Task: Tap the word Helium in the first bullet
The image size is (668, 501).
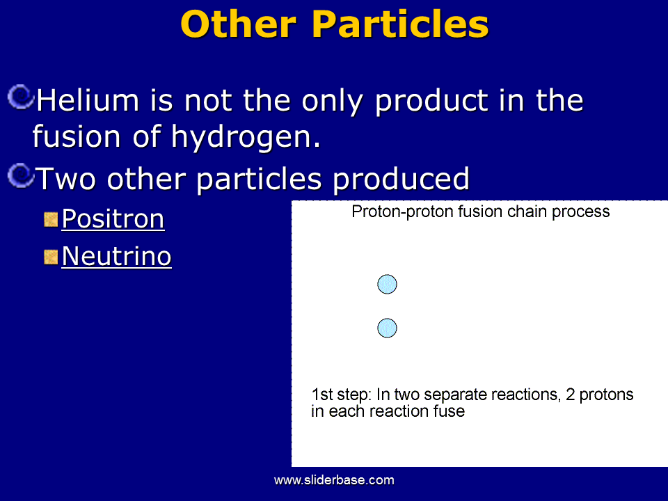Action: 88,100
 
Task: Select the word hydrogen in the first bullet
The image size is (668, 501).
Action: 246,138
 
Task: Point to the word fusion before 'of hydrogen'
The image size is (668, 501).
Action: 77,136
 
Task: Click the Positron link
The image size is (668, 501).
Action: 113,219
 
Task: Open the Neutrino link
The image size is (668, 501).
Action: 116,257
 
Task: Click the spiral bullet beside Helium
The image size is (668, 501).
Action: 20,97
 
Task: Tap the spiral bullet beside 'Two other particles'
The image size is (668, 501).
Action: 20,175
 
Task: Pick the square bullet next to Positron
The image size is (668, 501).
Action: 51,219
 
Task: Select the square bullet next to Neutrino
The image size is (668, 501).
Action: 51,257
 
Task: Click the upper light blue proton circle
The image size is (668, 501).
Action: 388,284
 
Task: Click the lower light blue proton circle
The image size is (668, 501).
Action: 388,328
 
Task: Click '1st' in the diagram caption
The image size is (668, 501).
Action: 322,395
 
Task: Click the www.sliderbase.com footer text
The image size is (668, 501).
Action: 334,480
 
